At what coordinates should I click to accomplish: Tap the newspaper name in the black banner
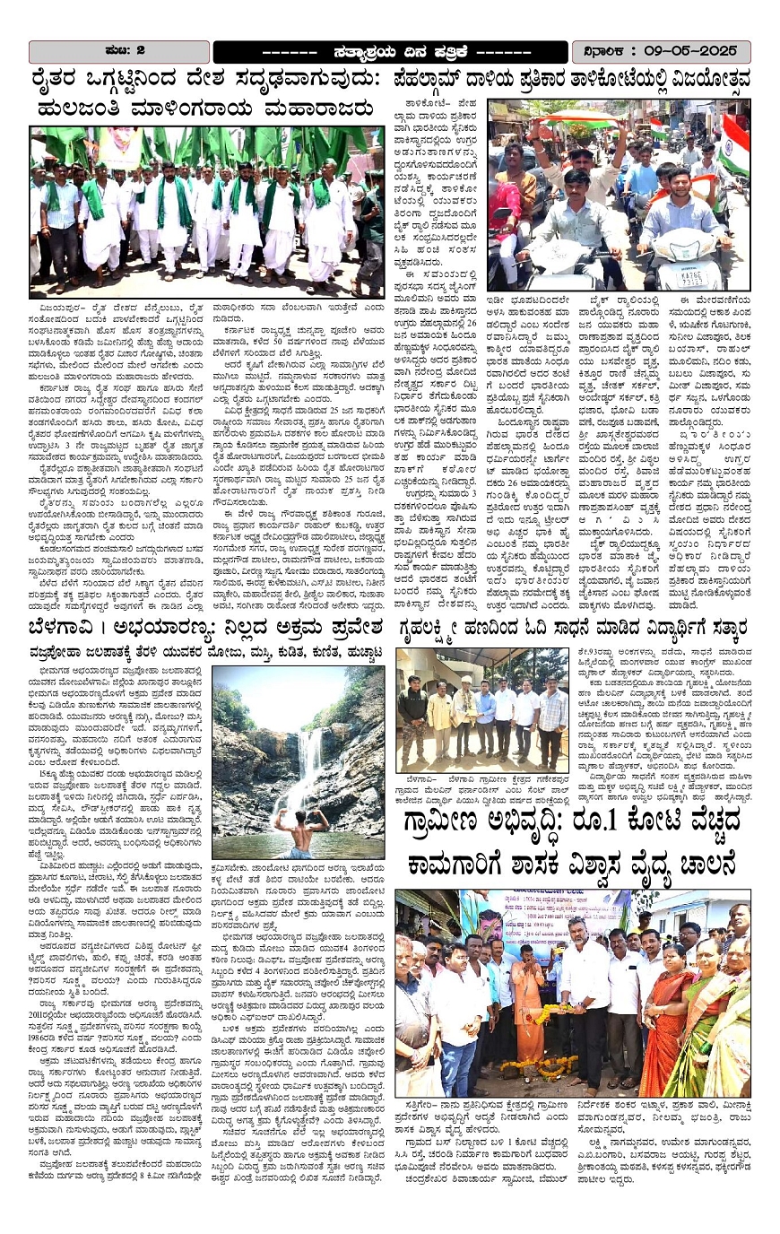click(x=389, y=51)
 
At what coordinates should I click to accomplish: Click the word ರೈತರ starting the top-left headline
click(x=63, y=80)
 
